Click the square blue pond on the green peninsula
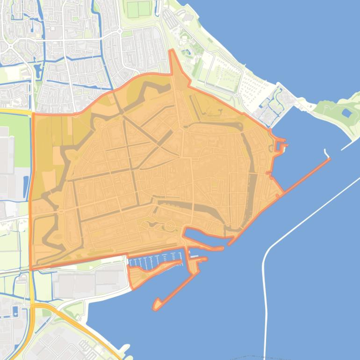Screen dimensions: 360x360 tap(346, 113)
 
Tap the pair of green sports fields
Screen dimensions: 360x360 tap(139, 9)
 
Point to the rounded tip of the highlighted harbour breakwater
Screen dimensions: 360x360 tap(156, 307)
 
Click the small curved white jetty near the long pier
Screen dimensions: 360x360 tap(326, 153)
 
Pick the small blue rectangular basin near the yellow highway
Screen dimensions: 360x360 tap(16, 311)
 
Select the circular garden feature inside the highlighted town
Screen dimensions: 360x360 tap(169, 227)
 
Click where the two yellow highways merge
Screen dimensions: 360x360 tap(33, 306)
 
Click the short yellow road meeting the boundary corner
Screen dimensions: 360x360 tap(16, 112)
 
